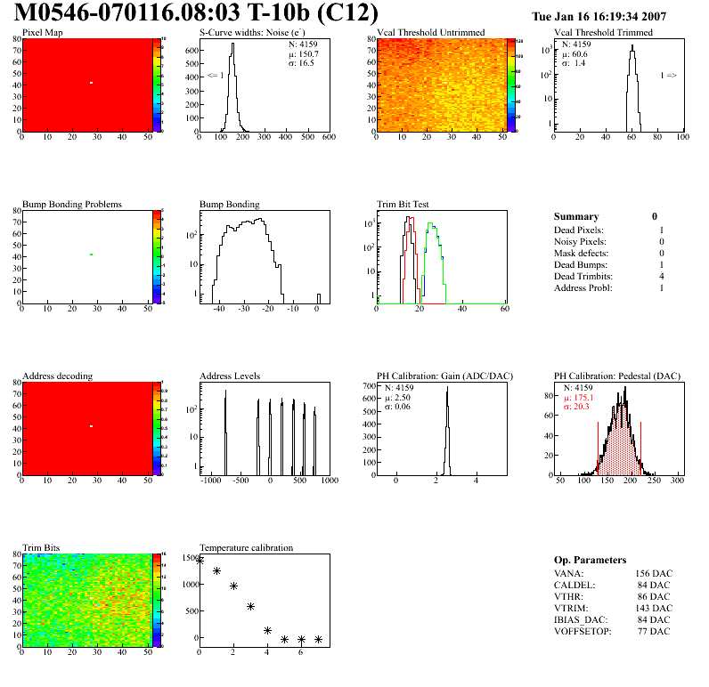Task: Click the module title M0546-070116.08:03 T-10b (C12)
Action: coord(197,13)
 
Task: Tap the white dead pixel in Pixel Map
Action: coord(91,83)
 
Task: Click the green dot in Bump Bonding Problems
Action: coord(91,255)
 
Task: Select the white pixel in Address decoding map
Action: coord(91,426)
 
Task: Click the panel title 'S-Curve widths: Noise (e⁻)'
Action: coord(250,33)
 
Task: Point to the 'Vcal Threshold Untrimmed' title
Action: coord(431,33)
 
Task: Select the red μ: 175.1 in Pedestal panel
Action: coord(581,398)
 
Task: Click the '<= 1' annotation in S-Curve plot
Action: coord(216,76)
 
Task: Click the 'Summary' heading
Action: coord(576,216)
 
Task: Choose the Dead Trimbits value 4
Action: coord(662,277)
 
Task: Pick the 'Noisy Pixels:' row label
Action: coord(580,242)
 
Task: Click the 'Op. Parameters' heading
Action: coord(590,560)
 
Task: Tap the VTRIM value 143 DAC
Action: coord(653,607)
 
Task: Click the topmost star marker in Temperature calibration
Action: coord(200,561)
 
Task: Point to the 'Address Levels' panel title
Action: coord(230,376)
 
